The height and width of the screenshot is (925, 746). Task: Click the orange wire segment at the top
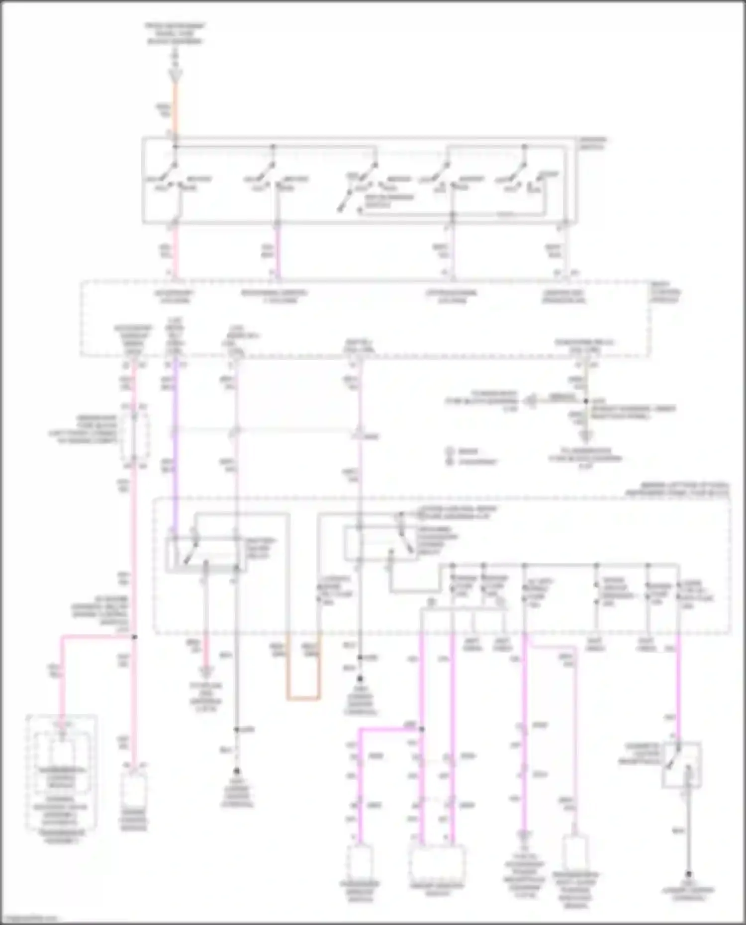[x=175, y=107]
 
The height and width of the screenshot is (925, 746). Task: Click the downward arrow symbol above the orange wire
[x=176, y=75]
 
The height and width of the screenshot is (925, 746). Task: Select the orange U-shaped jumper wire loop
[x=303, y=698]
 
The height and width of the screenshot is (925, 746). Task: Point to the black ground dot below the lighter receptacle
[x=689, y=873]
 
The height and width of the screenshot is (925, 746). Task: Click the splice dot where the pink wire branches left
[x=134, y=637]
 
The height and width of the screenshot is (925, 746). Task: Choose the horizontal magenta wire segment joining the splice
[x=390, y=729]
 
